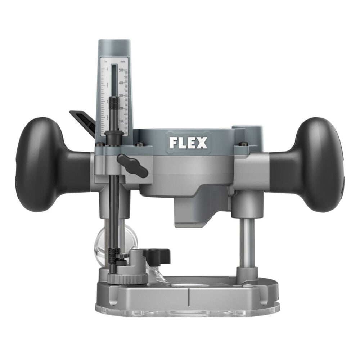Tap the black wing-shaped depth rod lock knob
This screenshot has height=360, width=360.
[133, 166]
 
